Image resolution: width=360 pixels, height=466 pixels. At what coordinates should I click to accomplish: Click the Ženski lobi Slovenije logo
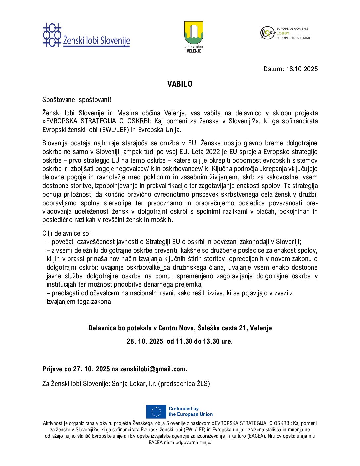86,35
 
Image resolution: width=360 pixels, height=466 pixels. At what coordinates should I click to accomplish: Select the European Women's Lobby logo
286,33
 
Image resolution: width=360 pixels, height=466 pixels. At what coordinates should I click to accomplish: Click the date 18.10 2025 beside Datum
301,69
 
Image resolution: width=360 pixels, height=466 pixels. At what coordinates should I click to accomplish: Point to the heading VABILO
180,84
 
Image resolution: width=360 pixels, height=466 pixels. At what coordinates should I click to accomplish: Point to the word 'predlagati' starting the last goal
66,293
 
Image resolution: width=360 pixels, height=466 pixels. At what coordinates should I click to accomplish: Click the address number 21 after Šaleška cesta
243,328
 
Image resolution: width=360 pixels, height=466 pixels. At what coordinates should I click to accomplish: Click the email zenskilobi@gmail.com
154,369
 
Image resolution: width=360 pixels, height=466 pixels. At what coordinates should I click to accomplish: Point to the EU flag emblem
156,412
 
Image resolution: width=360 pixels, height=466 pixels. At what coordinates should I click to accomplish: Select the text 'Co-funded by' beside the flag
184,409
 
